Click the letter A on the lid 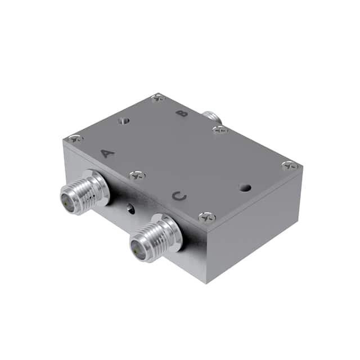(x=108, y=153)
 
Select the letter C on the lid (x=179, y=196)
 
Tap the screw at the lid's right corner (x=290, y=165)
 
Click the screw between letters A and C (x=137, y=176)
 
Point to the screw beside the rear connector (x=220, y=130)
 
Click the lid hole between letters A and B (x=124, y=120)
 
